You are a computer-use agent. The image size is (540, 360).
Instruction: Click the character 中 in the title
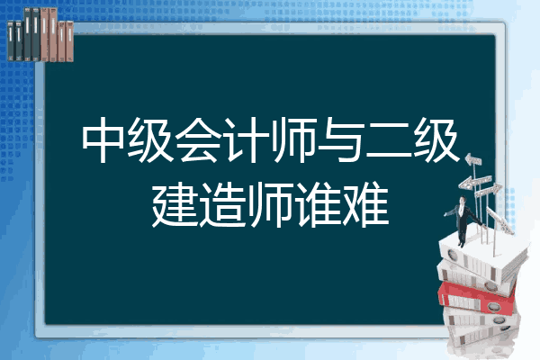103,139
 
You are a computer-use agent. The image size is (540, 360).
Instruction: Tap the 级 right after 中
150,139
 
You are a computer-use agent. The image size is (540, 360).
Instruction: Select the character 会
198,139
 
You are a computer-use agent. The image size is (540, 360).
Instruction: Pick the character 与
340,139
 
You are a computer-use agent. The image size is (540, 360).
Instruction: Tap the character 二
389,140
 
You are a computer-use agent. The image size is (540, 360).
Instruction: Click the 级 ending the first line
436,139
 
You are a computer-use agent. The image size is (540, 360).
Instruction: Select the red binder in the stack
477,298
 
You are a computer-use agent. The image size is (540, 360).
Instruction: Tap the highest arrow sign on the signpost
473,160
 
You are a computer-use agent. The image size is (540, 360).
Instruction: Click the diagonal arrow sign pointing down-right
499,220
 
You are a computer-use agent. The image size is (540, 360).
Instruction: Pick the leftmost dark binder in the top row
11,40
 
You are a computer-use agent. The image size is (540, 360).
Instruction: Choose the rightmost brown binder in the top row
69,41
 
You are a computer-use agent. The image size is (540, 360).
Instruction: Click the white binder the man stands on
482,256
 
